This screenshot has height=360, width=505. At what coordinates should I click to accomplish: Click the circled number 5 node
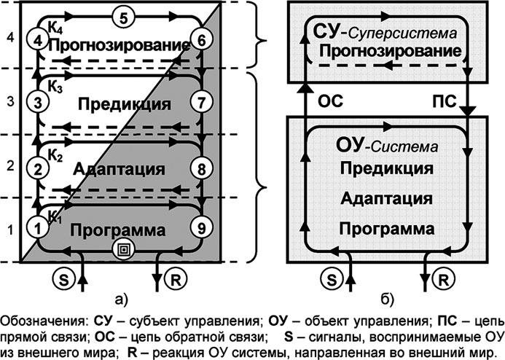pyautogui.click(x=123, y=16)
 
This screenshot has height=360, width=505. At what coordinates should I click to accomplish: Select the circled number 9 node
pyautogui.click(x=202, y=227)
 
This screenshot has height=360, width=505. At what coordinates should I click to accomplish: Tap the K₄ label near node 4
pyautogui.click(x=56, y=26)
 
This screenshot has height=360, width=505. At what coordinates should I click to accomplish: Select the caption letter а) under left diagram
pyautogui.click(x=122, y=297)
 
